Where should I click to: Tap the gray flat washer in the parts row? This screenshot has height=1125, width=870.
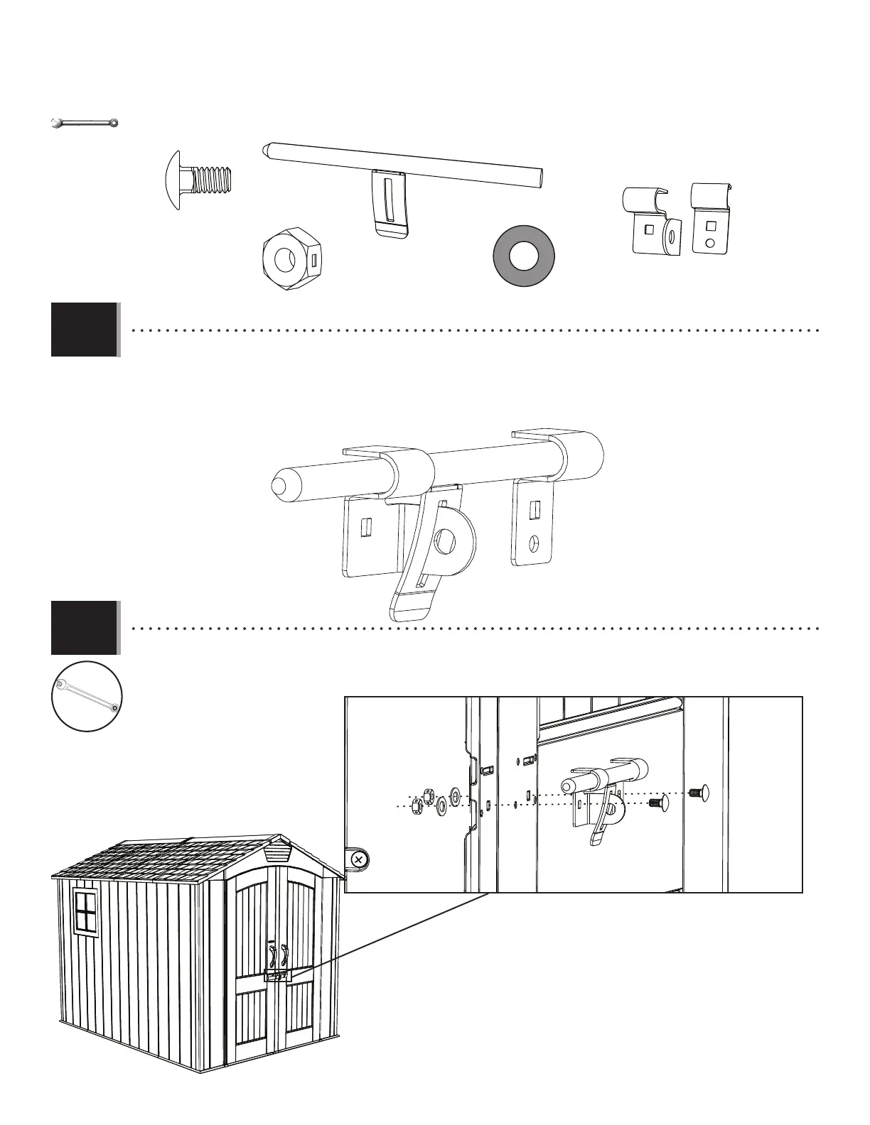point(525,257)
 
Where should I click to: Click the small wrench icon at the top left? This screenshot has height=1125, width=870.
point(84,124)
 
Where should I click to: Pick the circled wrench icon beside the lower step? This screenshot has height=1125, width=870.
point(87,696)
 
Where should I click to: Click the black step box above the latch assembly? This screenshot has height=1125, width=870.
point(84,330)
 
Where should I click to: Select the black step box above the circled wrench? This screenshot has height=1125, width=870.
point(84,628)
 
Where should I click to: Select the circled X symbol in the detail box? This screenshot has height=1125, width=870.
point(358,859)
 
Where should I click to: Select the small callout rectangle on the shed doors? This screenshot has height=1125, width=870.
point(277,976)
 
